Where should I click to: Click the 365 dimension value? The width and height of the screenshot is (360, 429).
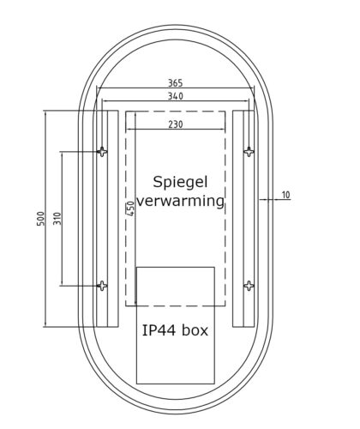tap(175, 83)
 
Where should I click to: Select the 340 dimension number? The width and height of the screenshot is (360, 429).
tap(175, 97)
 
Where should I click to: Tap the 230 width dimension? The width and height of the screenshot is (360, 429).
tap(175, 124)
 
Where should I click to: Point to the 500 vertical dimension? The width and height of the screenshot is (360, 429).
tap(40, 219)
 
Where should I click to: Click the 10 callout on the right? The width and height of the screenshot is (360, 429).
tap(285, 196)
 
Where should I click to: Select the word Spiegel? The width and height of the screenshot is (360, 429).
tap(180, 182)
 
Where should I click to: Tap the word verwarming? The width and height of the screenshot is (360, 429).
tap(181, 202)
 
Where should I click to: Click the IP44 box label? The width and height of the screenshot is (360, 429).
tap(175, 329)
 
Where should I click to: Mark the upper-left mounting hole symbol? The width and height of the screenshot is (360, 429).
tap(103, 152)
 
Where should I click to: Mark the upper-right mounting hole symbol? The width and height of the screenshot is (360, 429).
tap(249, 152)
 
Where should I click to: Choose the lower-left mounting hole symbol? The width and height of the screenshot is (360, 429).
tap(103, 285)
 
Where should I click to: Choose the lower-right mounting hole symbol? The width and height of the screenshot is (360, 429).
tap(249, 285)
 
